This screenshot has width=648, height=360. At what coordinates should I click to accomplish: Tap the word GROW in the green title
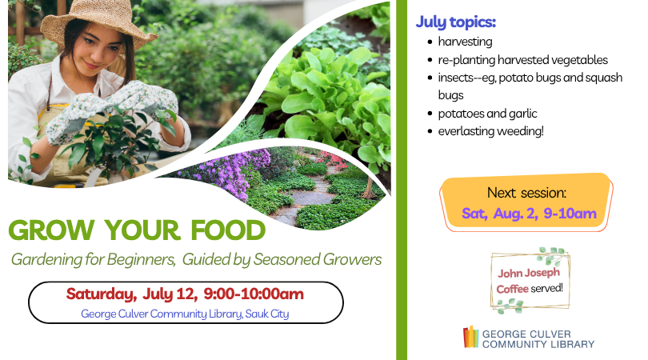click(51, 230)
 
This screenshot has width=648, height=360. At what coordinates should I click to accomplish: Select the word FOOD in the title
click(228, 230)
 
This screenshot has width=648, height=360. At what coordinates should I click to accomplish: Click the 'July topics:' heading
click(455, 22)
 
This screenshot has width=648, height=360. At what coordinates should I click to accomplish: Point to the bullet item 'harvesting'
click(465, 42)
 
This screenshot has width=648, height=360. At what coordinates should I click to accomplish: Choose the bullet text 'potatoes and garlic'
click(488, 114)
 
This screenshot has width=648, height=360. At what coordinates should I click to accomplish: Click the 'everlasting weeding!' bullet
click(490, 131)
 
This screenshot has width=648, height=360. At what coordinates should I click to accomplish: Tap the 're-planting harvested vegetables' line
click(522, 60)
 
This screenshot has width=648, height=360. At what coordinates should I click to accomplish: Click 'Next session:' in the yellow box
click(526, 193)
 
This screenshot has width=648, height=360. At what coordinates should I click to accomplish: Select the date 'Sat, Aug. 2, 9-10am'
click(529, 214)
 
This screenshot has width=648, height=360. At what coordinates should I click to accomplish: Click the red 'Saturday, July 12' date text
click(130, 294)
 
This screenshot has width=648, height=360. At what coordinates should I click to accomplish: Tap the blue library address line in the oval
click(185, 314)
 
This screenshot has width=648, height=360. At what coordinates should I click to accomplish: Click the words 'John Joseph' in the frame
click(529, 273)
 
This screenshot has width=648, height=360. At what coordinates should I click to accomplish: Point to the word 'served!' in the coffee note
click(546, 288)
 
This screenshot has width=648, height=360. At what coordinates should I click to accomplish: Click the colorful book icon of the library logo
click(470, 337)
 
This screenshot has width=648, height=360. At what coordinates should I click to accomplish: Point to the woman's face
click(102, 52)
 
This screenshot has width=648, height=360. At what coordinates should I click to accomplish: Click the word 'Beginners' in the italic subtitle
click(141, 260)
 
